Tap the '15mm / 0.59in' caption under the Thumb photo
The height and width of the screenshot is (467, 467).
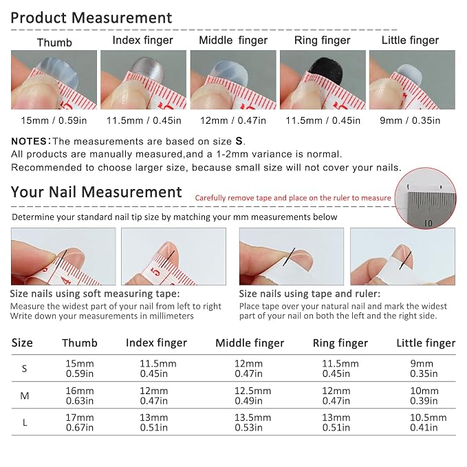click(54, 120)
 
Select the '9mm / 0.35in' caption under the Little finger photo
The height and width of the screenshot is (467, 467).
click(410, 120)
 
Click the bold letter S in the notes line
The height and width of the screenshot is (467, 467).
click(239, 141)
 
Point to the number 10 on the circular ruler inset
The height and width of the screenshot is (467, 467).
click(428, 223)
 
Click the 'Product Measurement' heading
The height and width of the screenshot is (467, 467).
click(91, 18)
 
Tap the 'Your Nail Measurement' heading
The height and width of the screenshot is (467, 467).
click(96, 192)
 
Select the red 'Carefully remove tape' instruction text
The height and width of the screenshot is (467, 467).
click(293, 198)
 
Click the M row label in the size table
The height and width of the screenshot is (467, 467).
click(25, 396)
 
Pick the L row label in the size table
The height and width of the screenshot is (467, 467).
click(25, 422)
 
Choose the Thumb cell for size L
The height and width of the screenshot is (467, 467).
click(80, 422)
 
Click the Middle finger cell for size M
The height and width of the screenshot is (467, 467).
click(253, 396)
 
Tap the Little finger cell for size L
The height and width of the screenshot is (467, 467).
click(428, 422)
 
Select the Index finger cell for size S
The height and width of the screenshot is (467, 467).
click(158, 369)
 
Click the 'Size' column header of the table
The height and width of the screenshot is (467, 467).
click(22, 343)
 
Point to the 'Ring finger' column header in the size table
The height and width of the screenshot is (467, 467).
click(340, 343)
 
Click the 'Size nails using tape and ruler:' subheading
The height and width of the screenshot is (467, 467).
click(309, 294)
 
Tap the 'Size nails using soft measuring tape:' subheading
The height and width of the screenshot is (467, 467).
click(95, 294)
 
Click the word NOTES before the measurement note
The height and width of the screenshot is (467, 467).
click(29, 141)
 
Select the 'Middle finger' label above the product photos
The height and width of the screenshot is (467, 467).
click(233, 40)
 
